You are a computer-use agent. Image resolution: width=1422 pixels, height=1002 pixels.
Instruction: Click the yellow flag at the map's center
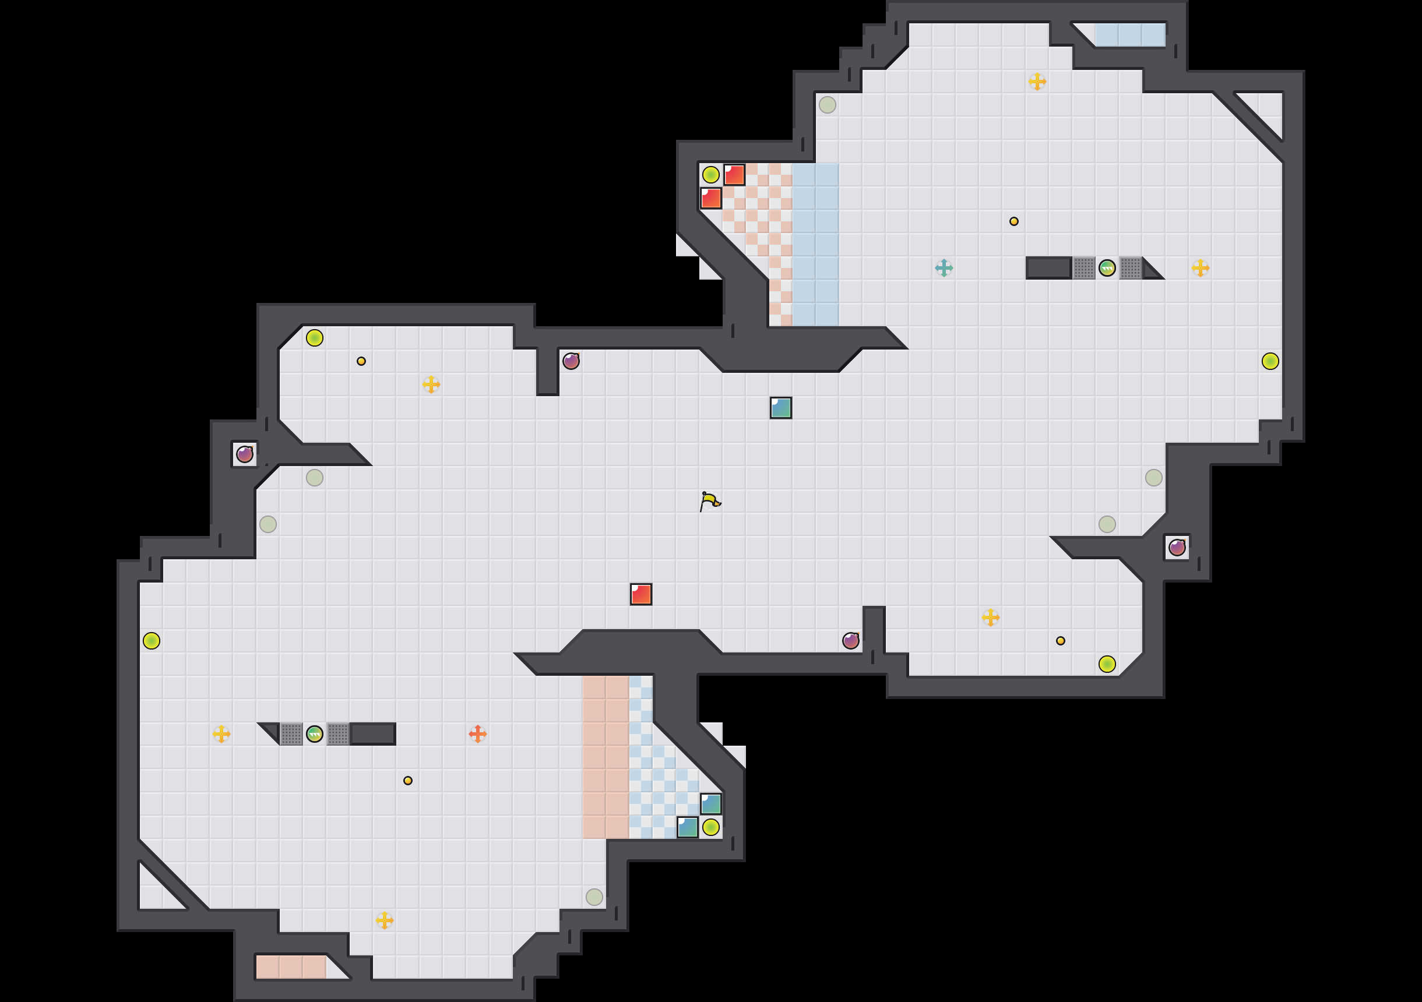(710, 501)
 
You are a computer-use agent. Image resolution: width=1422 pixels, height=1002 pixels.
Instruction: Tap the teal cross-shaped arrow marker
(944, 267)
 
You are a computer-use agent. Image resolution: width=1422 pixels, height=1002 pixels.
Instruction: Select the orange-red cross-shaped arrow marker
(477, 734)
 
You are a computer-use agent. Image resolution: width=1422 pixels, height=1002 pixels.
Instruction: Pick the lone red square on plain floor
(641, 594)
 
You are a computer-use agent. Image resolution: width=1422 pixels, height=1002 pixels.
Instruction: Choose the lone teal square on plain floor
(780, 407)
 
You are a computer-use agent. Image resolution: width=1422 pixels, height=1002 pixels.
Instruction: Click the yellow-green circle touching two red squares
(710, 175)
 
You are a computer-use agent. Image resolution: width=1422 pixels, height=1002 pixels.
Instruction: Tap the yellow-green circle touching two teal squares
(710, 827)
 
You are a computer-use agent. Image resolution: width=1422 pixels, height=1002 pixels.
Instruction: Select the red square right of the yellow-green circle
(734, 175)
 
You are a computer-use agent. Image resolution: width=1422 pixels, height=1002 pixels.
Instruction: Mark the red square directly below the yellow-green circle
(710, 198)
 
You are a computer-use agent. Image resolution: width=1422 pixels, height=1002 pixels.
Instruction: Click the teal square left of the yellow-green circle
(688, 827)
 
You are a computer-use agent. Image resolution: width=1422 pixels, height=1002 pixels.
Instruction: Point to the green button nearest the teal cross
(1107, 267)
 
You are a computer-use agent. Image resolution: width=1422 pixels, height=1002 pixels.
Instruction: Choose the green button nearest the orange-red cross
(315, 734)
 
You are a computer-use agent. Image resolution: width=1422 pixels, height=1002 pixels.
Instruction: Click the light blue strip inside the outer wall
(1129, 35)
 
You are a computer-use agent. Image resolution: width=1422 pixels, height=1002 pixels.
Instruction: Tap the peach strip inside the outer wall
(290, 966)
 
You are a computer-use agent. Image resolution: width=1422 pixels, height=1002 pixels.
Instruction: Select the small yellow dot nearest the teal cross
(1013, 221)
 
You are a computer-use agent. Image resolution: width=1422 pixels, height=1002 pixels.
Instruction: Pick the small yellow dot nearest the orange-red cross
(407, 780)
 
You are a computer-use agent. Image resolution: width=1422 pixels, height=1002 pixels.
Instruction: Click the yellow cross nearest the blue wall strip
(1037, 81)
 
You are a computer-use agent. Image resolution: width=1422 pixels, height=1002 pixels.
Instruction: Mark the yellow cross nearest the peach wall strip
(384, 920)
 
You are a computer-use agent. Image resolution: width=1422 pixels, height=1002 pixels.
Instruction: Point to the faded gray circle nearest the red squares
(827, 105)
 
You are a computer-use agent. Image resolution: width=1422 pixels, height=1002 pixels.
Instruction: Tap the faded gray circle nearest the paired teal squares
(594, 897)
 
